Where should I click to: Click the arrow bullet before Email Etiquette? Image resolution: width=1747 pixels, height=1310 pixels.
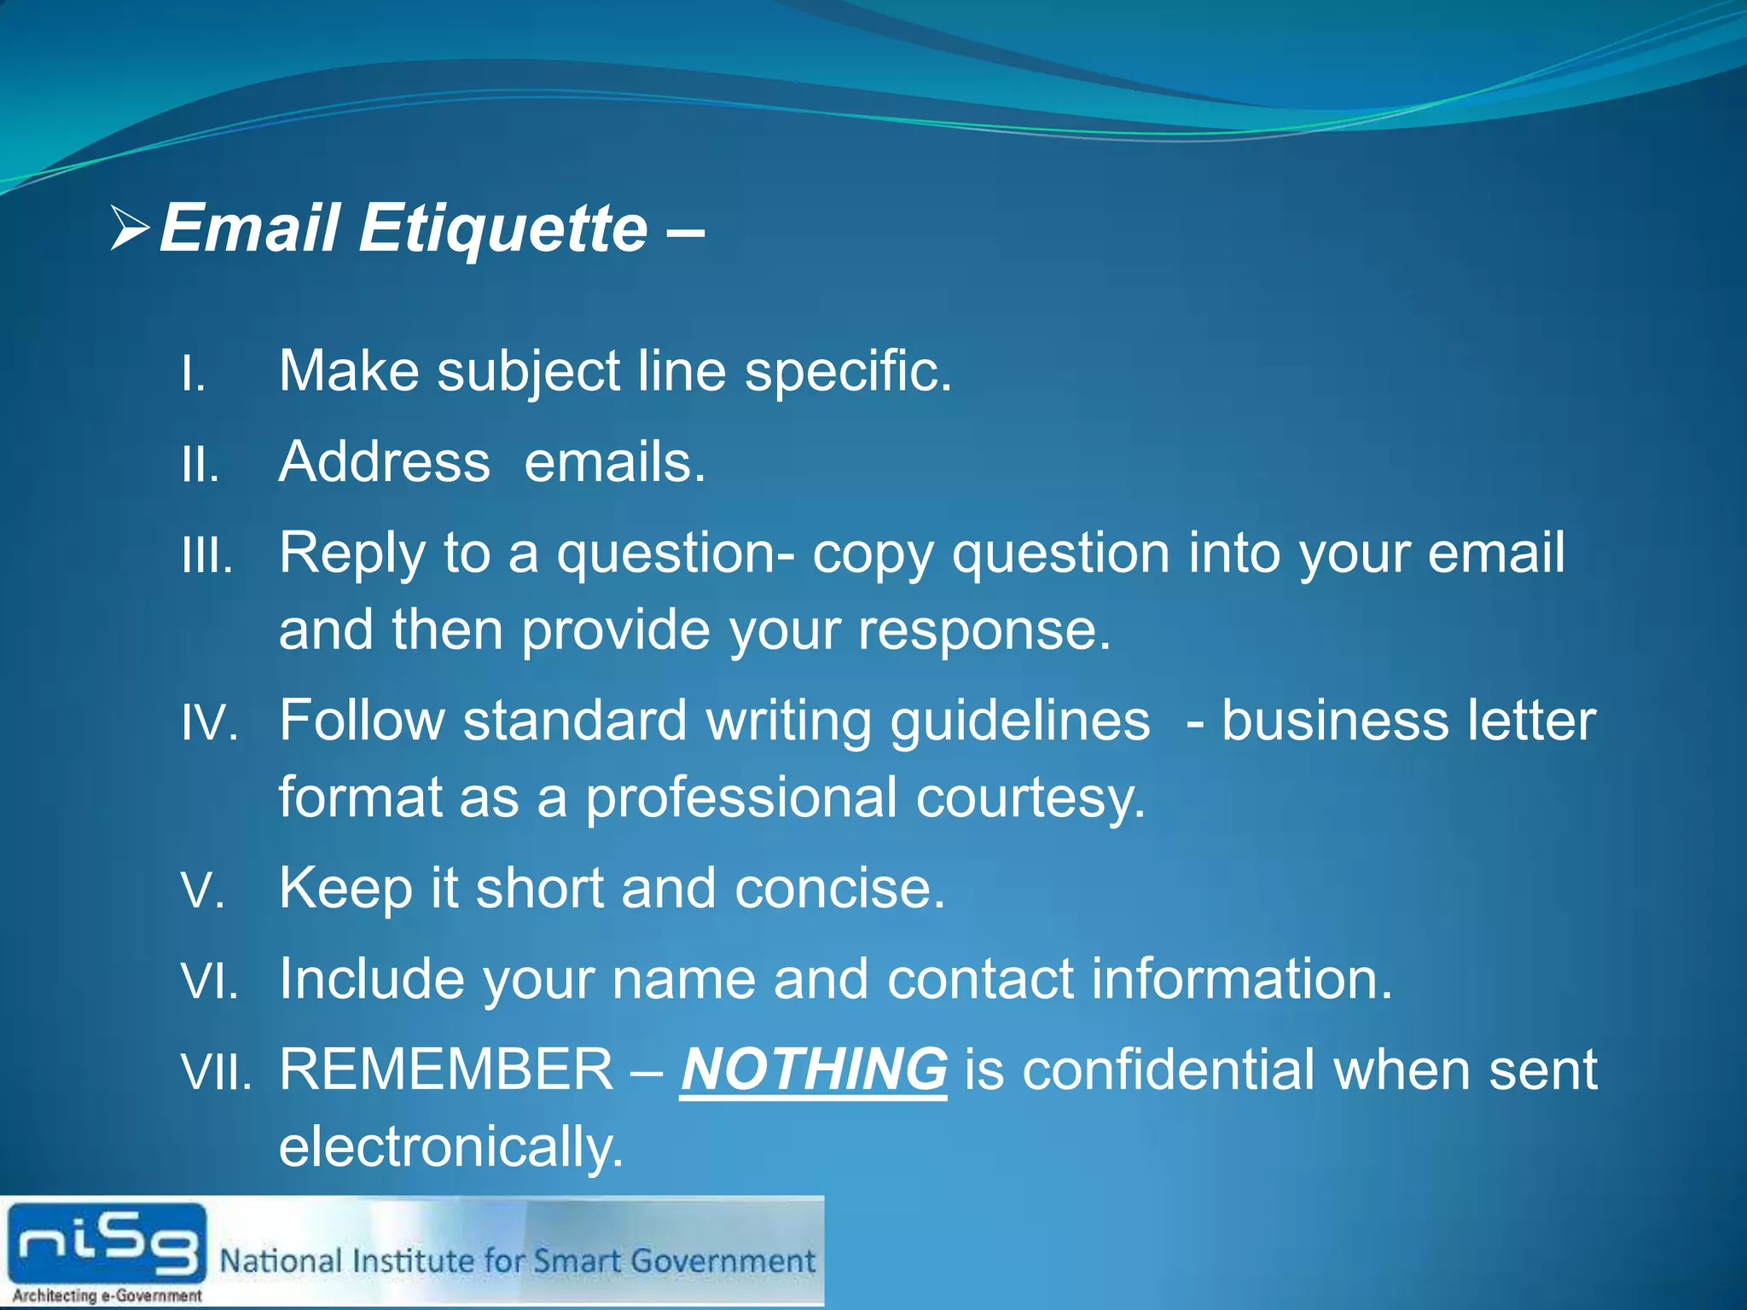point(131,229)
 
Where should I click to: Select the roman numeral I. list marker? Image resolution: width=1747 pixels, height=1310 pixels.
point(194,374)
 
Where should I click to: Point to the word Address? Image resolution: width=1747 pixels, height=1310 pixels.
point(385,462)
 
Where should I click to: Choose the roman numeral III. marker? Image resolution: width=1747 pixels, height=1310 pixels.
point(207,557)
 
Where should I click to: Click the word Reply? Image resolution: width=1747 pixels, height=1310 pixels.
point(351,554)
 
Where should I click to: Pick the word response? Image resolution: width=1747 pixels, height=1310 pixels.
point(984,630)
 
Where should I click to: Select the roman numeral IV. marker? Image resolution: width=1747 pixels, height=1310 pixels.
point(209,724)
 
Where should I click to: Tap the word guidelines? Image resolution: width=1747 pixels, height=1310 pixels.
point(1019,722)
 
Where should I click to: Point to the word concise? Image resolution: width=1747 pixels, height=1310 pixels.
point(839,888)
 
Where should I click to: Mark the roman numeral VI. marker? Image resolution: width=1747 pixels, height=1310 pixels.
point(210,982)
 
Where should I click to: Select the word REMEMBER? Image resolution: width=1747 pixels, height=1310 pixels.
point(446,1069)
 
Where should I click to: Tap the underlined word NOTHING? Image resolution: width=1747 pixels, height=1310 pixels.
point(814,1069)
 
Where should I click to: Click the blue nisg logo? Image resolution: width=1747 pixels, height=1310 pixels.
point(107,1243)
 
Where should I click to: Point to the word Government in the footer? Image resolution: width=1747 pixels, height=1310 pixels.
point(723,1261)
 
